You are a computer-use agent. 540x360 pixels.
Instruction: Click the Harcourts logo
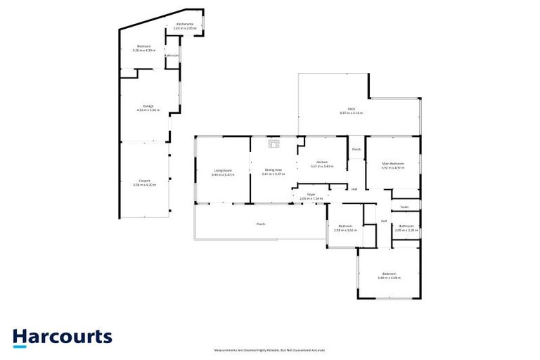pos(62,337)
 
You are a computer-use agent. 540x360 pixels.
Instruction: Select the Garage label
pos(148,106)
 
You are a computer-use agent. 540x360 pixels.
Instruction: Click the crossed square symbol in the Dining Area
pos(274,144)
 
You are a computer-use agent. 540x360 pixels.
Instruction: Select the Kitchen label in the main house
pos(322,162)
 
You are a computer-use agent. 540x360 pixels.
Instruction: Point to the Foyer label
pos(311,194)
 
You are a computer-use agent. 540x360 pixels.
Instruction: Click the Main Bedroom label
pos(392,164)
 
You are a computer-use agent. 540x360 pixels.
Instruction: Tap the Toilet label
pos(404,207)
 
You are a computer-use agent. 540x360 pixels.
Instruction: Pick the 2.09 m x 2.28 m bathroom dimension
pos(406,230)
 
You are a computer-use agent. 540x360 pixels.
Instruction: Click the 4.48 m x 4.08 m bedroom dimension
pos(390,277)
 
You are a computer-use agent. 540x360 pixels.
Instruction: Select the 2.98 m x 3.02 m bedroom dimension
pos(345,230)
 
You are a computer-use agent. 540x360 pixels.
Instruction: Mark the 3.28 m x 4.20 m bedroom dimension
pos(143,50)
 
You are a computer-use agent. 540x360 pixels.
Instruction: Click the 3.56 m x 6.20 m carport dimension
pos(144,184)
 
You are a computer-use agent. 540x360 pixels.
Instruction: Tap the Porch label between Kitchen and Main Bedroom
pos(356,149)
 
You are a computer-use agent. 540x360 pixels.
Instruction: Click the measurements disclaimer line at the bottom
pos(270,349)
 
